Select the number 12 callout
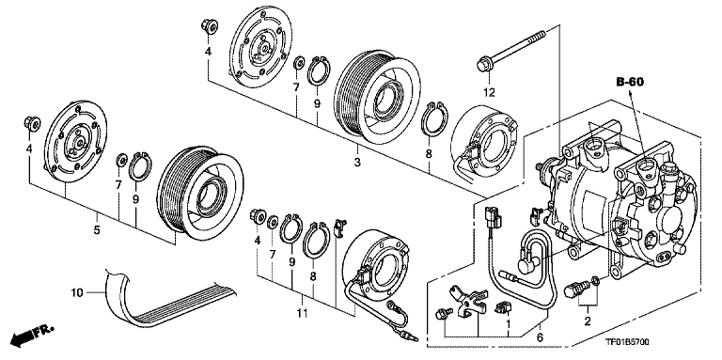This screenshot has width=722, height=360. point(488,91)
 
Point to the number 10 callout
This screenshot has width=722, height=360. point(79,291)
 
